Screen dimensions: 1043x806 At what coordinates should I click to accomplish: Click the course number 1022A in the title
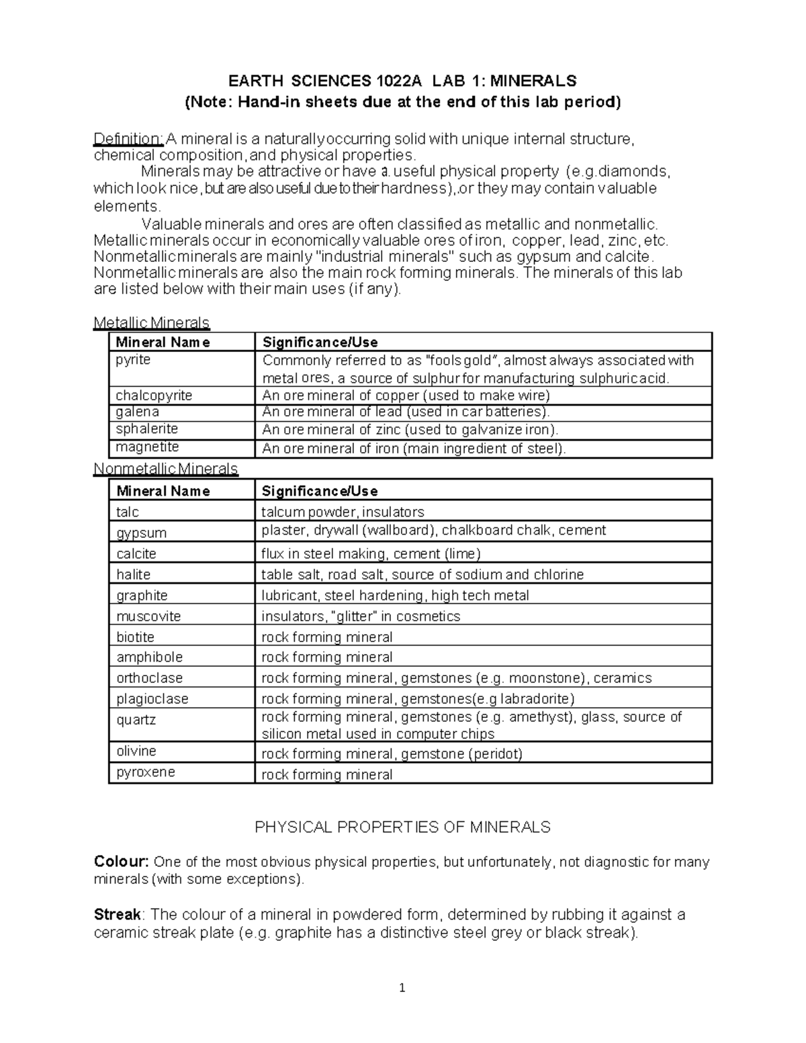coord(400,81)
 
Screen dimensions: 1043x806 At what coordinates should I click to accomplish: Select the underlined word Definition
coord(128,139)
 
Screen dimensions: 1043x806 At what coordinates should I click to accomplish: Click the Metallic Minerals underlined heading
coord(152,323)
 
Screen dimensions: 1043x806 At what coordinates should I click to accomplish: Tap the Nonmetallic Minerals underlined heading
coord(166,468)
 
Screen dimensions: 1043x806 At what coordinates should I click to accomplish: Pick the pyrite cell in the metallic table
coord(133,360)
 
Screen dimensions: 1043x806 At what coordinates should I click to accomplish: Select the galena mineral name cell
coord(138,412)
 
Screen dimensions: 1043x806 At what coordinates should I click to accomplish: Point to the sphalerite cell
coord(146,429)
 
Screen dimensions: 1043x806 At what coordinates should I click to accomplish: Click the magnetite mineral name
coord(147,447)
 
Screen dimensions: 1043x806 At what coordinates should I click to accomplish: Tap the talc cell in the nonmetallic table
coord(128,512)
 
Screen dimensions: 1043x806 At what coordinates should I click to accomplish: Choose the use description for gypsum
coord(433,531)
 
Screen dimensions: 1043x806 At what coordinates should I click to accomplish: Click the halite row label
coord(133,574)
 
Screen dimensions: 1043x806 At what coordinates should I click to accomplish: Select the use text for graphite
coord(395,595)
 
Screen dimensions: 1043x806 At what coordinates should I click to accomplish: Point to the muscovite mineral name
coord(148,616)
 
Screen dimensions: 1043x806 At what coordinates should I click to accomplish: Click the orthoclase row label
coord(149,678)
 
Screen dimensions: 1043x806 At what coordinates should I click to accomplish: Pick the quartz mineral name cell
coord(136,720)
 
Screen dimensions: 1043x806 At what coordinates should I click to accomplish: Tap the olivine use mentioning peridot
coord(392,754)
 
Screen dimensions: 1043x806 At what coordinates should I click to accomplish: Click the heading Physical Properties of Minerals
coord(402,827)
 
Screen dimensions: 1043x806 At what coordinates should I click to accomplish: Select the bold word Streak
coord(118,915)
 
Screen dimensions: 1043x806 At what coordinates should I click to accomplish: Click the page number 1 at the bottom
coord(402,988)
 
